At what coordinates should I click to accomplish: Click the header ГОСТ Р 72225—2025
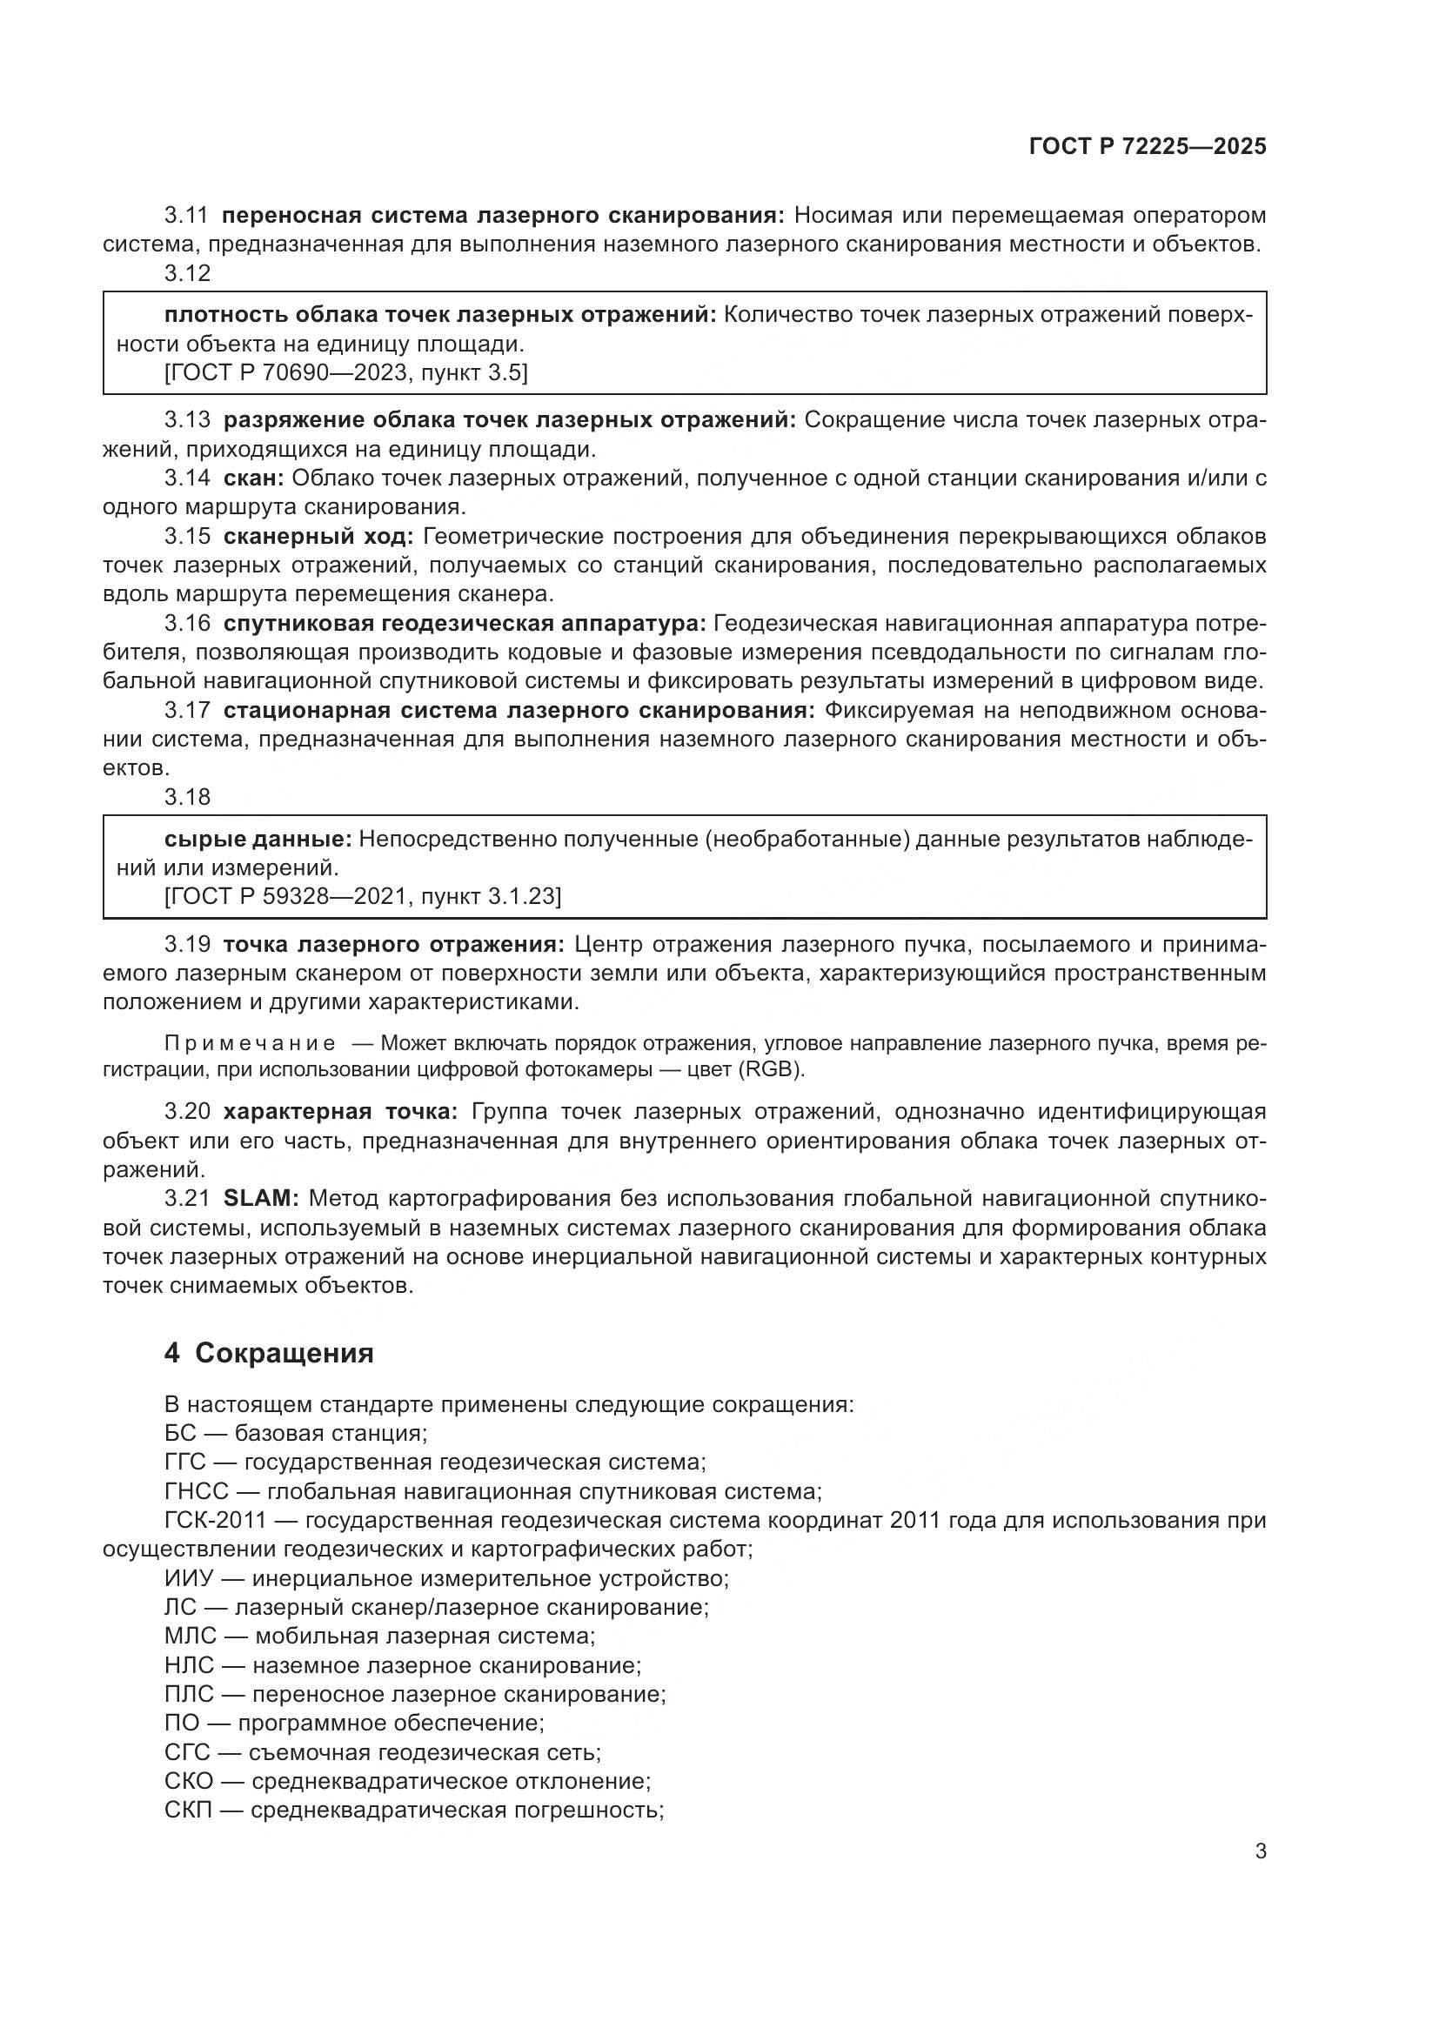(x=1148, y=147)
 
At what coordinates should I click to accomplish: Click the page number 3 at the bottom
(x=1260, y=1851)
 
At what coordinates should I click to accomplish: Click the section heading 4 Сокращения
(x=269, y=1354)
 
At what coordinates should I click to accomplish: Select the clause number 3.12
(x=188, y=273)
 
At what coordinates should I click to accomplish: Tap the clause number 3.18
(x=188, y=797)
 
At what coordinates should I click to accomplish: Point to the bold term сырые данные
(x=258, y=839)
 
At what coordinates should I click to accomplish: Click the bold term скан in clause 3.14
(x=252, y=478)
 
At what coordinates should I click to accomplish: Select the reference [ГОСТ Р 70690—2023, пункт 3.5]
(x=345, y=373)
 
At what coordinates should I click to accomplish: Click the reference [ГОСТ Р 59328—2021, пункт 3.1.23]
(x=363, y=896)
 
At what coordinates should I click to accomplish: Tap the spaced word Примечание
(x=250, y=1043)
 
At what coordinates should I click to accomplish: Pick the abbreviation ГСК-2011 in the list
(x=215, y=1520)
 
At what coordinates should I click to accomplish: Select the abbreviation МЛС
(x=189, y=1637)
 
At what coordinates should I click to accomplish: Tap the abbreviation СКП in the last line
(x=189, y=1811)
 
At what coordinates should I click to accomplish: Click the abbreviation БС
(x=180, y=1433)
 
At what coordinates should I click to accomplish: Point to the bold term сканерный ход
(x=318, y=536)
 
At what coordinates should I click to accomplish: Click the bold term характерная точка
(x=340, y=1111)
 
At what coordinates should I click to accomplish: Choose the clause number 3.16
(x=188, y=623)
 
